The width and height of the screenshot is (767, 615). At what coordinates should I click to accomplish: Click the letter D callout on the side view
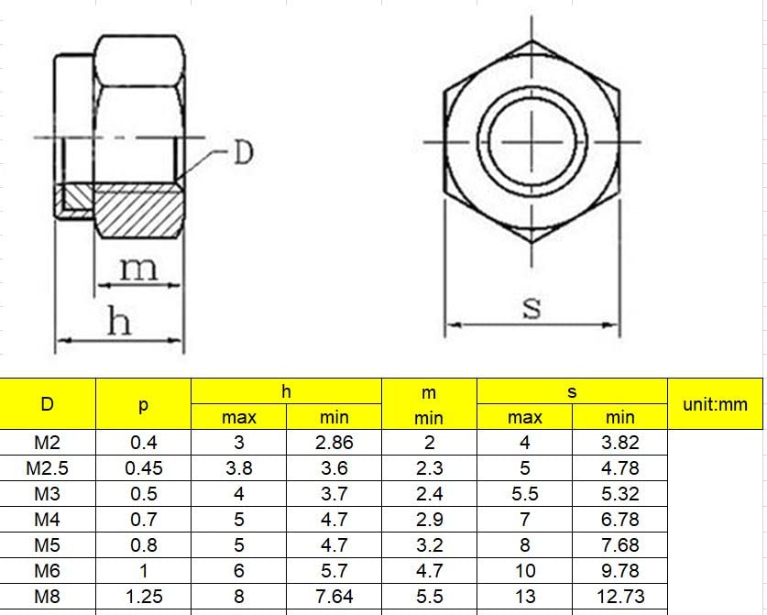(244, 152)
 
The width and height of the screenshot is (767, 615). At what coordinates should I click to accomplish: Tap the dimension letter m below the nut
(139, 269)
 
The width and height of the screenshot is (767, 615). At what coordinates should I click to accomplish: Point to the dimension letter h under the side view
(119, 321)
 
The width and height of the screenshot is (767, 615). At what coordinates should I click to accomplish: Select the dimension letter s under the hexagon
(531, 308)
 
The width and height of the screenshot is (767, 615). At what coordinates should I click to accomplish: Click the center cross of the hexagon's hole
(532, 142)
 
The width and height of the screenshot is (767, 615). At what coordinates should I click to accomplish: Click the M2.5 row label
(47, 468)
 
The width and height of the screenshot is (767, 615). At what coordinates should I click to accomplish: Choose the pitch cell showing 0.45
(143, 468)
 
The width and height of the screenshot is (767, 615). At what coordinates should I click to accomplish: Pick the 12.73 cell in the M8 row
(620, 597)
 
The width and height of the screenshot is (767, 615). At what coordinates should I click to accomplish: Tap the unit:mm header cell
(715, 404)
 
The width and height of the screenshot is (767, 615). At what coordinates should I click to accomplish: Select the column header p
(143, 404)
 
